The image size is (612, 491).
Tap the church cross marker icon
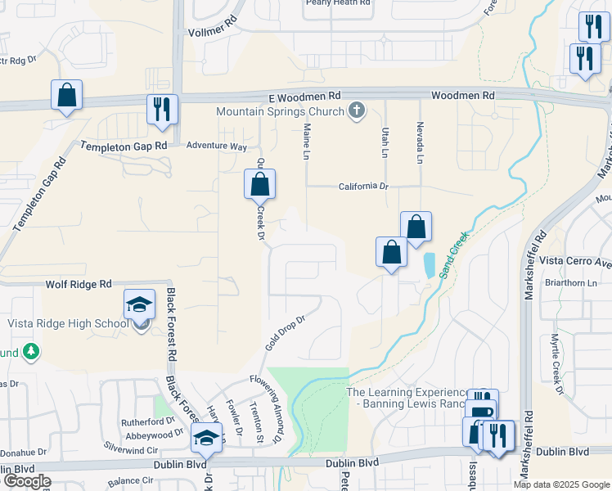[356, 110]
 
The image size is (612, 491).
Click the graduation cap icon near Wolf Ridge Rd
[139, 304]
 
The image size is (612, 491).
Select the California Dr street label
[364, 187]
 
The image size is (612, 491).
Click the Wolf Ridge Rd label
[78, 284]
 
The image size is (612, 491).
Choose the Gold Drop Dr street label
[283, 333]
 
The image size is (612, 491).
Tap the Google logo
[26, 481]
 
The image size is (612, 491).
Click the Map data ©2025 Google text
[561, 484]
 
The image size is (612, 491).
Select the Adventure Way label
[216, 146]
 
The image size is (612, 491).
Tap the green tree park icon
[31, 351]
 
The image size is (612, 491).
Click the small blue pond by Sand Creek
[430, 264]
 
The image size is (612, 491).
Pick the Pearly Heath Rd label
[338, 2]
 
